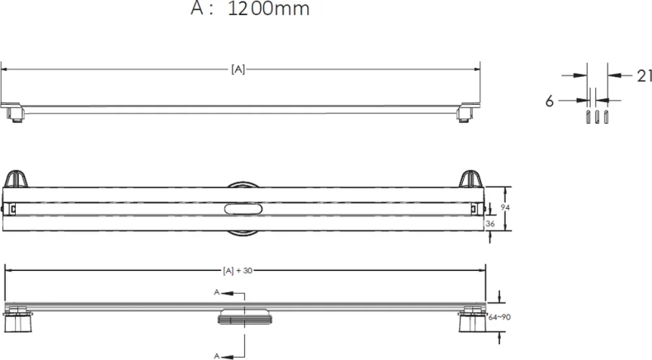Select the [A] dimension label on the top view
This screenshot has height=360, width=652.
tap(237, 70)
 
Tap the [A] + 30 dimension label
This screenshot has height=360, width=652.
tap(238, 270)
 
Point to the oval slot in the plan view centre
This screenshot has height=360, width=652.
tap(243, 210)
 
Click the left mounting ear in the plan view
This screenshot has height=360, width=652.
tap(17, 179)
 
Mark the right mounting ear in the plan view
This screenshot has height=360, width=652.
tap(470, 179)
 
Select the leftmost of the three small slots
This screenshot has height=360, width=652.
tap(587, 116)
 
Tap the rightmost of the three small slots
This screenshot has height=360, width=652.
tap(607, 116)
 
